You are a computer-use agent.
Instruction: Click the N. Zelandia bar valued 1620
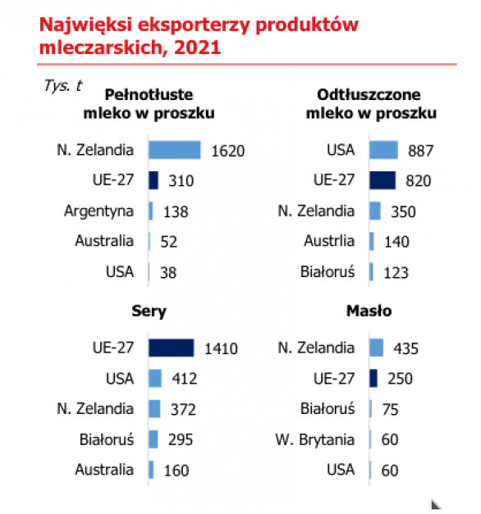coord(174,150)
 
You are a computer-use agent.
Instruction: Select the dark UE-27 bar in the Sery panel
coord(171,348)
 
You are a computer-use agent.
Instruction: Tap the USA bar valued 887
coord(383,150)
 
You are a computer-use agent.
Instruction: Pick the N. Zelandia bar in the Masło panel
coord(376,348)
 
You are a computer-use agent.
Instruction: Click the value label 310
coord(181,180)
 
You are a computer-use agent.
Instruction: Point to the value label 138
coord(176,212)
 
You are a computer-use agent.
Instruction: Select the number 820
coord(419,180)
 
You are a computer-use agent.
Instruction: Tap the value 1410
coord(221,348)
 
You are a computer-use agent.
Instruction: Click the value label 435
coord(405,348)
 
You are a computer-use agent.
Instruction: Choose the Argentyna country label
coord(98,212)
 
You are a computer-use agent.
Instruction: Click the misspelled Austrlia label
coord(329,241)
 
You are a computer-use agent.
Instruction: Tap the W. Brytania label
coord(315,440)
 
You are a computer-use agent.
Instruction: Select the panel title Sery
coord(149,311)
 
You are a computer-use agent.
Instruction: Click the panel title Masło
coord(369,311)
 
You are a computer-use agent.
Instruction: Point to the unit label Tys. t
coord(63,86)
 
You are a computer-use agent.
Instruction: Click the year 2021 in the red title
coord(198,48)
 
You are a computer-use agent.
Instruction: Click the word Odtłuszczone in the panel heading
coord(369,95)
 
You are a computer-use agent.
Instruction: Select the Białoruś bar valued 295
coord(153,439)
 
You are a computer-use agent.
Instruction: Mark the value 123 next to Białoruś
coord(396,273)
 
